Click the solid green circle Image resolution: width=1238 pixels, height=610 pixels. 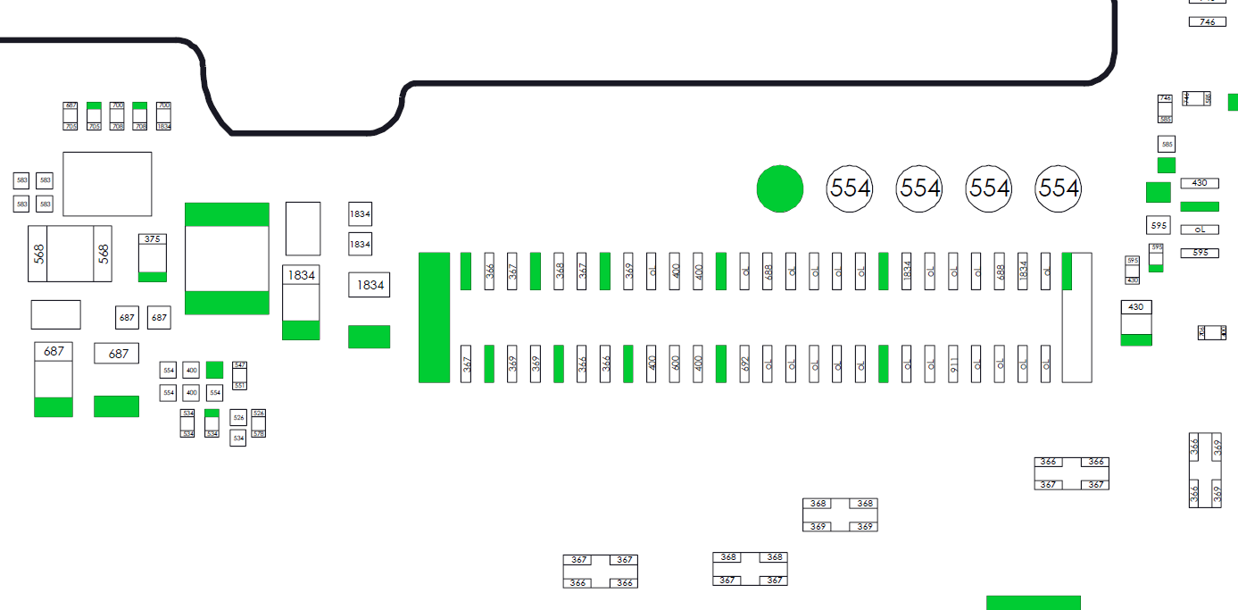(780, 188)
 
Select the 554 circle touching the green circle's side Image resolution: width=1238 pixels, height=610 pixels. (850, 188)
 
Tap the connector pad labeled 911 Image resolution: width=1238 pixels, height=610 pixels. (953, 363)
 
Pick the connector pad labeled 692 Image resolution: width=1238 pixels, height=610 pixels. (744, 363)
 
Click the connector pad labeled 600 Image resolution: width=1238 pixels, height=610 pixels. (676, 363)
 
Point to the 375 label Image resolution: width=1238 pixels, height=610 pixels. (153, 239)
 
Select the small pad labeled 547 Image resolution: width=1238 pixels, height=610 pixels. (239, 365)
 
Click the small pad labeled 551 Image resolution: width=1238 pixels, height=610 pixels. (239, 385)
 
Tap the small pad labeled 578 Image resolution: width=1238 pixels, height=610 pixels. (259, 433)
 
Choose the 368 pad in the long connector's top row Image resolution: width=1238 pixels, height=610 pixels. (559, 271)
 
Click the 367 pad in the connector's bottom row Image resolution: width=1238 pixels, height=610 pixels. (466, 363)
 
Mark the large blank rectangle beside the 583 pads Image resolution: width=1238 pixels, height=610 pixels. (107, 184)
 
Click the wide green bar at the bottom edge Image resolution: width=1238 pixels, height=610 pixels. (1033, 603)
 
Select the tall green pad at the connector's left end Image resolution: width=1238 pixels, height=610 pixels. (434, 317)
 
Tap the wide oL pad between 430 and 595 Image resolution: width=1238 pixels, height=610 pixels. (1199, 230)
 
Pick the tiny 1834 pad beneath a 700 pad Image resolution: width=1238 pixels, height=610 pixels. (163, 127)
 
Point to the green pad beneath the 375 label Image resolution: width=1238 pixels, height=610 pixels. (153, 277)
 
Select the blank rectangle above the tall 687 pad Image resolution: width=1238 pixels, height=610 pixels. (55, 314)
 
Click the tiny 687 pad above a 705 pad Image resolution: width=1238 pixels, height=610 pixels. (71, 105)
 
